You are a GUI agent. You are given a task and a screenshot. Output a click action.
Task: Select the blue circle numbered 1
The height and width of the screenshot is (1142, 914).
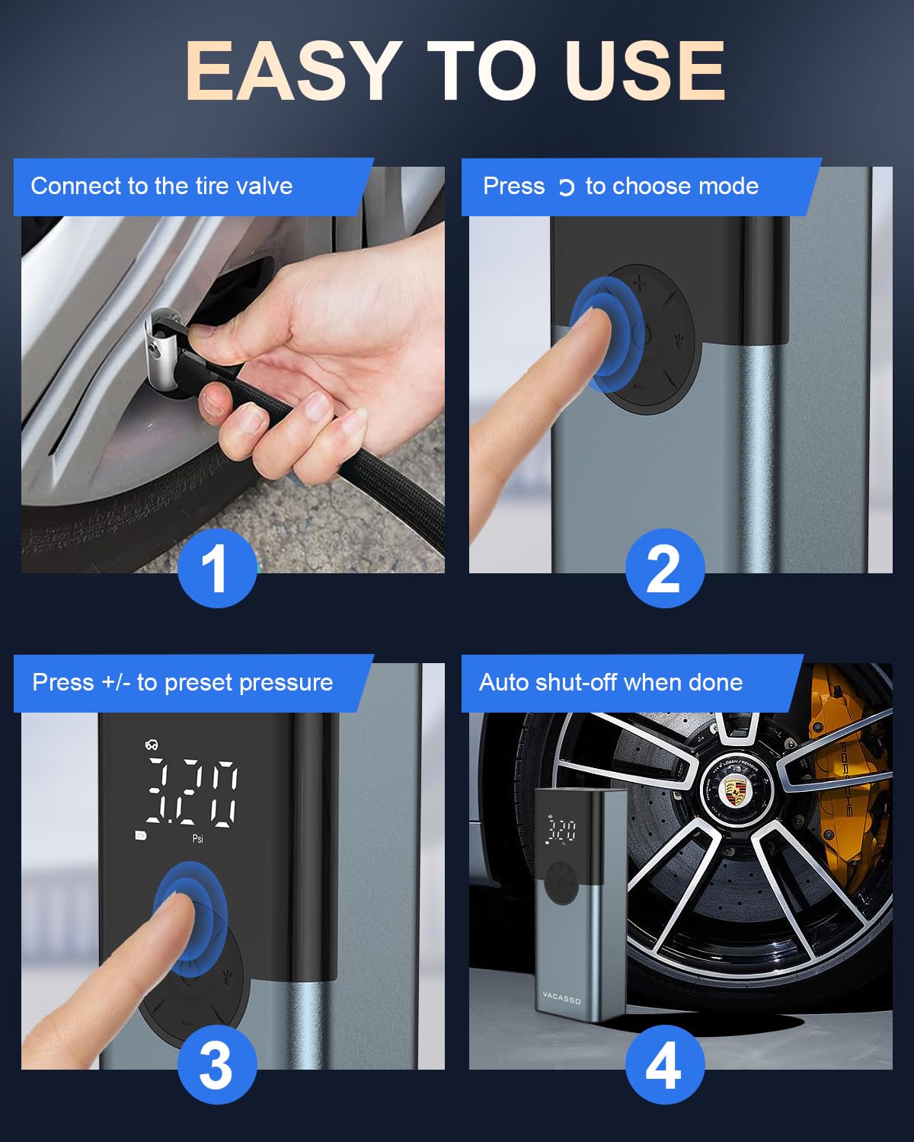pyautogui.click(x=216, y=568)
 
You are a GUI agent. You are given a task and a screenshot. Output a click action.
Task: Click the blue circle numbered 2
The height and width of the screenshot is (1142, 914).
pyautogui.click(x=665, y=568)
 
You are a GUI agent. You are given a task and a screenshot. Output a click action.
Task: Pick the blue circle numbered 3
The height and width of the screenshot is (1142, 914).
pyautogui.click(x=216, y=1064)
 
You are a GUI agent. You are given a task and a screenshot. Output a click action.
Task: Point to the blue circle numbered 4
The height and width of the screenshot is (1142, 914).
pyautogui.click(x=665, y=1064)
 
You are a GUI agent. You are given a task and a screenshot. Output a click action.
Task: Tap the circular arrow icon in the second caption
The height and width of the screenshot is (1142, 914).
pyautogui.click(x=566, y=187)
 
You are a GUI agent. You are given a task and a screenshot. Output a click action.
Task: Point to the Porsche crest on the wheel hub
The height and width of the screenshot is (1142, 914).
pyautogui.click(x=736, y=791)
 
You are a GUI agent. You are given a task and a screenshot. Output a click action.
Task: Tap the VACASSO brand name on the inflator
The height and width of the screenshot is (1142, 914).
pyautogui.click(x=561, y=997)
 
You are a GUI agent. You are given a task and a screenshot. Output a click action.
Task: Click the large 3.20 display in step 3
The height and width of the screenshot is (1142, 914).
pyautogui.click(x=191, y=793)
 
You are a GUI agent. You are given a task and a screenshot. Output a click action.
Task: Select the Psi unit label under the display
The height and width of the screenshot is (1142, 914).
pyautogui.click(x=197, y=838)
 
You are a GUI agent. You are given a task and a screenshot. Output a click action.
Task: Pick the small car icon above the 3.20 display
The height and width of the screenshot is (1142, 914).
pyautogui.click(x=152, y=745)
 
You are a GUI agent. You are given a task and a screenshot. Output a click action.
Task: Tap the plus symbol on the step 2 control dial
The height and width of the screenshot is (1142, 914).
pyautogui.click(x=640, y=285)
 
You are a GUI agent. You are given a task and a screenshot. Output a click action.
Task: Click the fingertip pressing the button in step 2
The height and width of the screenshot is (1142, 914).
pyautogui.click(x=595, y=324)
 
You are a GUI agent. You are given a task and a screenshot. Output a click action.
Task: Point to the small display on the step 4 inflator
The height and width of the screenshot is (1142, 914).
pyautogui.click(x=561, y=831)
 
